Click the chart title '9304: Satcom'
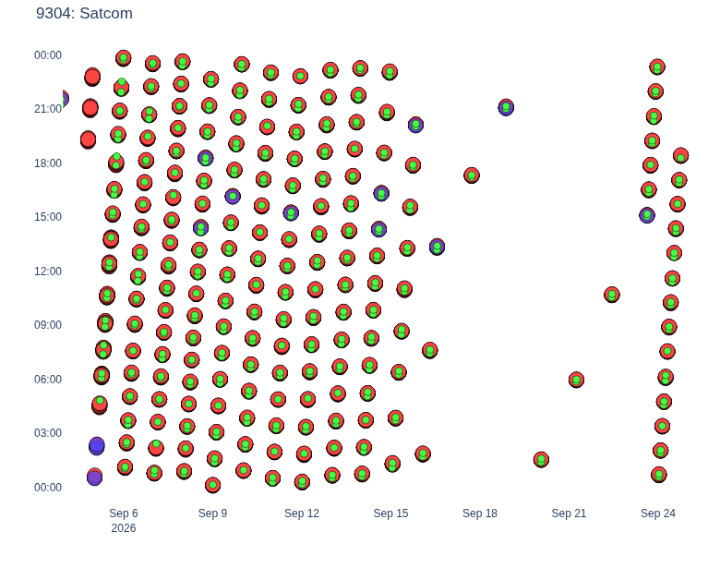pos(84,13)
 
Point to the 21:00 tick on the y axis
pos(48,109)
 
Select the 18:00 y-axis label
pos(48,163)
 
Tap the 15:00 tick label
pos(48,217)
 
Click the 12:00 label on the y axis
pos(48,272)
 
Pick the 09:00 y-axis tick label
pos(48,325)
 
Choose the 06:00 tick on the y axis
pos(48,379)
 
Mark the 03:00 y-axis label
pos(48,433)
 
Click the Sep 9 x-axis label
pos(212,514)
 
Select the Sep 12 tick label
pos(302,514)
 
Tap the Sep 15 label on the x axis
pos(390,514)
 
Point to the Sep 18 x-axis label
pos(480,514)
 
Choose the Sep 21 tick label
pos(569,514)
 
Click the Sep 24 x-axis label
pos(658,514)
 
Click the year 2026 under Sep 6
pos(124,528)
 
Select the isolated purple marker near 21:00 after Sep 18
pos(506,107)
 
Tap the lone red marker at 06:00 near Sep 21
pos(576,380)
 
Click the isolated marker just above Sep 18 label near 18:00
pos(472,175)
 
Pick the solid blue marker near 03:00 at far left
pos(96,446)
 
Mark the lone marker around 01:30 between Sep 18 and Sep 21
pos(541,459)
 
